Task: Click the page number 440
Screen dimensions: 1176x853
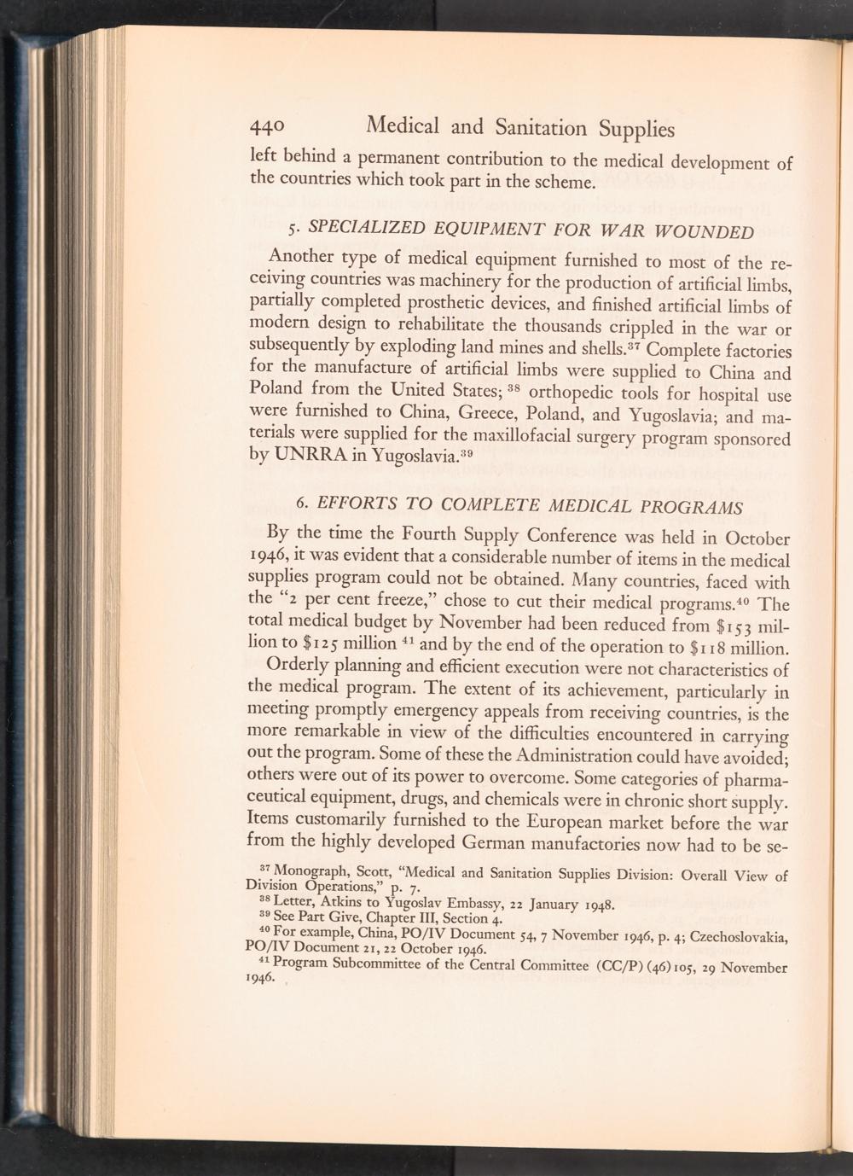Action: [268, 129]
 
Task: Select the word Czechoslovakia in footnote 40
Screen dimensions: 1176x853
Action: [736, 936]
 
